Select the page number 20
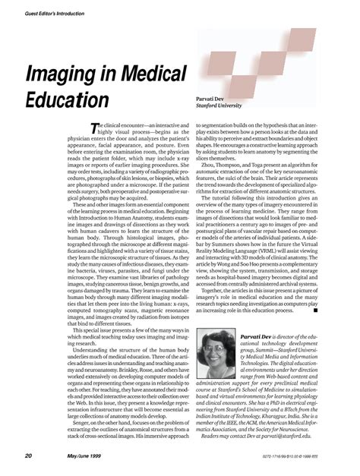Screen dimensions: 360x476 pyautogui.click(x=27, y=456)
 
